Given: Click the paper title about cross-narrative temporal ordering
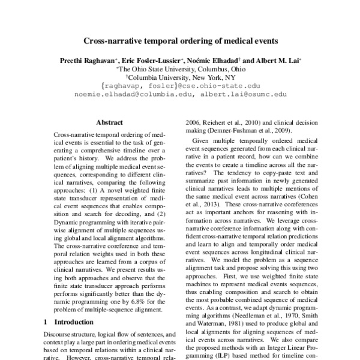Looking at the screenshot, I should pos(179,42).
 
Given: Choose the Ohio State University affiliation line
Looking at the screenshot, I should pos(180,69).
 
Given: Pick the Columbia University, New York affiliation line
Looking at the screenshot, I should pos(180,77).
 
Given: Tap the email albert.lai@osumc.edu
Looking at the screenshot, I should pos(244,94).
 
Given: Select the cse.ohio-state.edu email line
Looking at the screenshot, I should pos(181,86).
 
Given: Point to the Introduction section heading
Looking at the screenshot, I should pos(73,322).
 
